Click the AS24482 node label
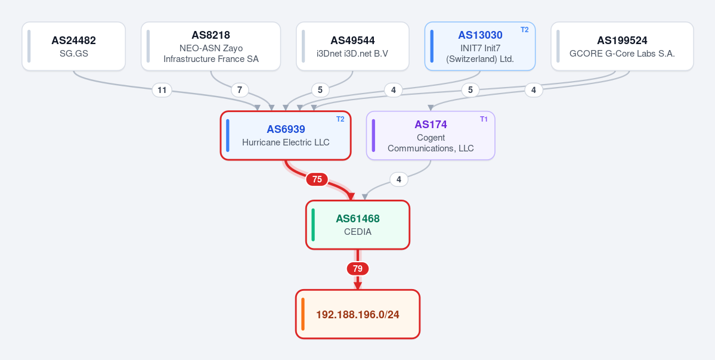coord(73,41)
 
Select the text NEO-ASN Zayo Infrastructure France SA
coord(211,54)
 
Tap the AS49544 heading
coord(352,41)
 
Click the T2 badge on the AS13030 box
coord(525,30)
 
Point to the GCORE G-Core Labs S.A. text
coord(622,53)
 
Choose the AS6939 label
coord(286,129)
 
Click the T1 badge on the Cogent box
coord(484,119)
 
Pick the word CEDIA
coord(358,232)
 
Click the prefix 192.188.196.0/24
coord(358,315)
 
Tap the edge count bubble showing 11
coord(162,90)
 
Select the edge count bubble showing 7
coord(240,90)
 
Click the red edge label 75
coord(317,179)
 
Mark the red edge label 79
coord(358,269)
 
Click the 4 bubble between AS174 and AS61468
coord(399,179)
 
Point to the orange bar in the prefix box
coord(303,314)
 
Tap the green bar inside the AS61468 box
coord(313,225)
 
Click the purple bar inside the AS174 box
coord(373,135)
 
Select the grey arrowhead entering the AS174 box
coord(431,108)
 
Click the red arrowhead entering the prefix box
coord(358,285)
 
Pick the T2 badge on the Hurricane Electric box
coord(341,119)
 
